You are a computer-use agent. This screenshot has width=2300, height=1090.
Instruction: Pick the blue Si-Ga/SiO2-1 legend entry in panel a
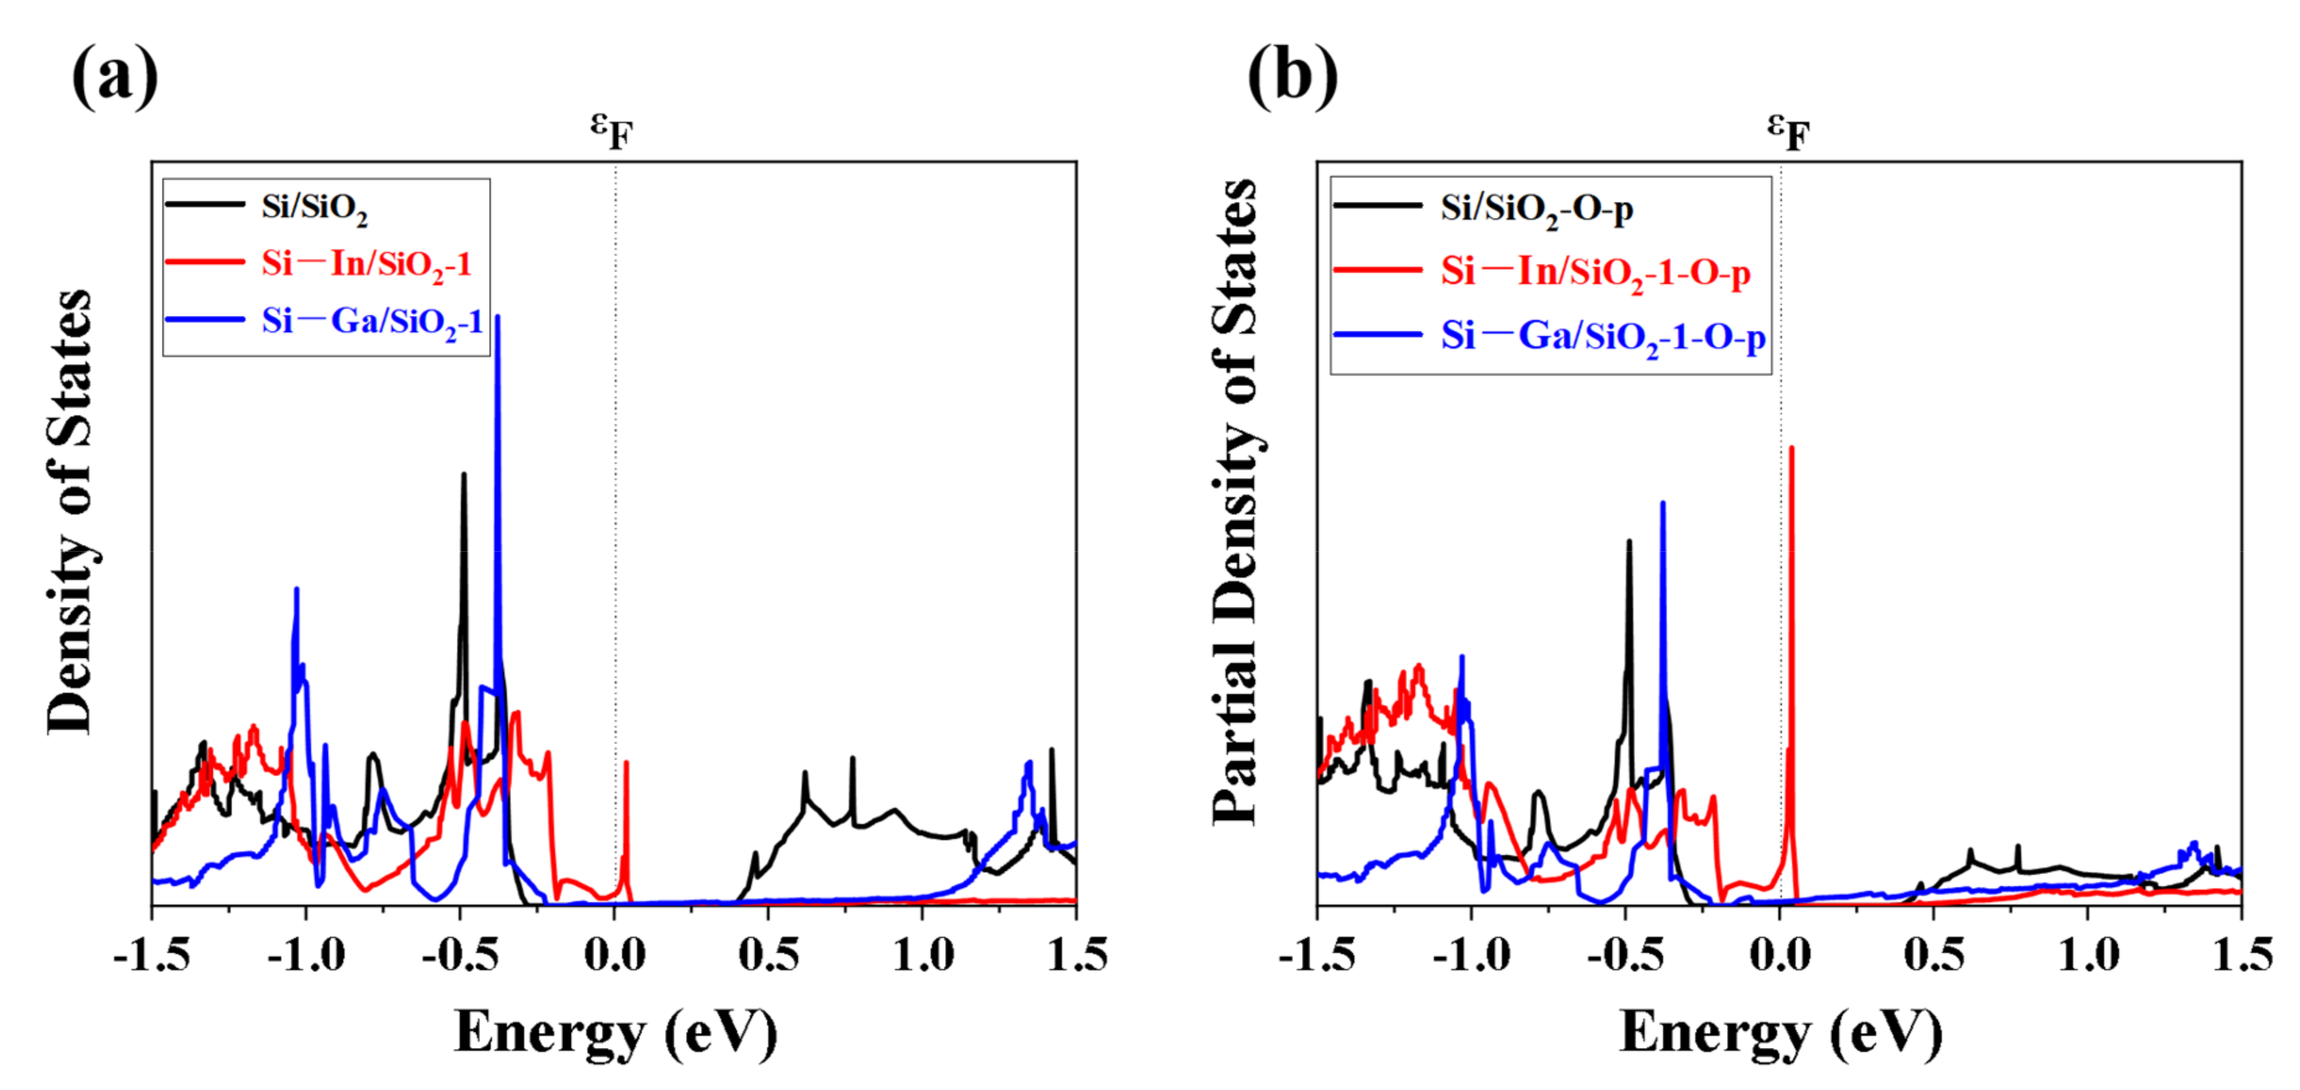[371, 320]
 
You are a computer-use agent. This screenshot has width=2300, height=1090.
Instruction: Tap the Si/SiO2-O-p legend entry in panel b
[1536, 208]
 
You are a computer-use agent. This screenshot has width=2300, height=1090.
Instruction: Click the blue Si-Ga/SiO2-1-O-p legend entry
[1603, 336]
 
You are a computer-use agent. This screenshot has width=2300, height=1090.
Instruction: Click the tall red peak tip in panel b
[1791, 449]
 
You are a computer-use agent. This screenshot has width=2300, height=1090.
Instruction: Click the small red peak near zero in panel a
[626, 763]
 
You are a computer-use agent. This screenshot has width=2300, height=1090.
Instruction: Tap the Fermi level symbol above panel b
[1788, 132]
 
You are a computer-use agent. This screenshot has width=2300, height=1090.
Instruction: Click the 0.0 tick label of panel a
[614, 955]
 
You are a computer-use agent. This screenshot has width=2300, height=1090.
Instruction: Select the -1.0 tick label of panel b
[1470, 955]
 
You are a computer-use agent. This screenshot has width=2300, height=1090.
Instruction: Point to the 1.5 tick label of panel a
[1077, 955]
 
